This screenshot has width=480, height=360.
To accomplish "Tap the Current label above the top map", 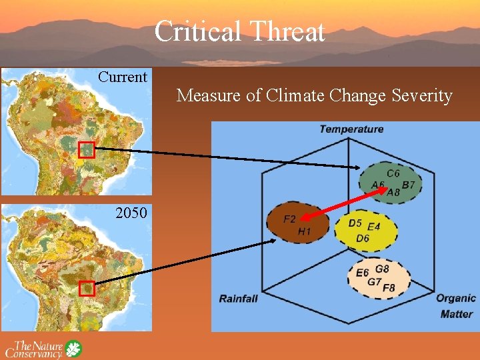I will coord(123,77).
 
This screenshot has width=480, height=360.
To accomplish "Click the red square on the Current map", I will coord(87,150).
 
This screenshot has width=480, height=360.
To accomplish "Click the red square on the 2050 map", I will coord(87,289).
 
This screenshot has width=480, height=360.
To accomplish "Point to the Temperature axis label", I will coord(351,129).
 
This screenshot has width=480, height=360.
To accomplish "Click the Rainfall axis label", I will coord(238,298).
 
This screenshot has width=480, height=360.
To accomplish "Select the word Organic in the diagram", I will coord(456,298).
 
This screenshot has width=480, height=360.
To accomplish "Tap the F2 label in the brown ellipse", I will coord(289,219).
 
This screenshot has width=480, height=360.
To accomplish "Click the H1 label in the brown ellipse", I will coord(304,231).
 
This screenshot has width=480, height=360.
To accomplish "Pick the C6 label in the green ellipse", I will coord(393,173).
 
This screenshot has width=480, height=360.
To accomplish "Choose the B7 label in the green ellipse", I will coord(409,185).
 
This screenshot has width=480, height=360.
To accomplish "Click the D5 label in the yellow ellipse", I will coord(355,223).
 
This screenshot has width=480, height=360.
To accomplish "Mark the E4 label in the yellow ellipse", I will coord(373,227).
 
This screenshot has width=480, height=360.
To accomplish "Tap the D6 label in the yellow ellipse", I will coord(363,238).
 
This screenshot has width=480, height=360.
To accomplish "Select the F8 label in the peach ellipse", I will coord(389,288).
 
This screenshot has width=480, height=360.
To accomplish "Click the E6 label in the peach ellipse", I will coord(362,273).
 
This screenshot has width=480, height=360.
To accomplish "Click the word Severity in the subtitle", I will coord(421,96).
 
